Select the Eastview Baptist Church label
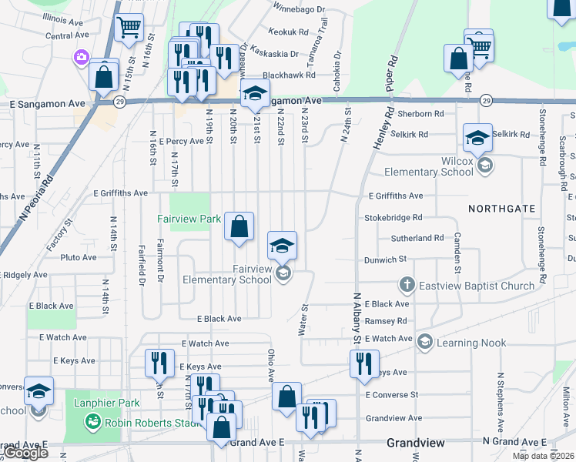coord(476,286)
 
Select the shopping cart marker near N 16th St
coord(129,27)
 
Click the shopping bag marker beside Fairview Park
coord(239,226)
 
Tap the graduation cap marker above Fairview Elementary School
coord(282,246)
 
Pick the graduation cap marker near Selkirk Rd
coord(477,138)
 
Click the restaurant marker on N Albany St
coord(364,363)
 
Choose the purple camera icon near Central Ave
coord(81,56)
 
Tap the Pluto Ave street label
coord(78,257)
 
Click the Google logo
coord(25,453)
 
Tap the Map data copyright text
coord(544,456)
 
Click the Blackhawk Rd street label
coord(289,75)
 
